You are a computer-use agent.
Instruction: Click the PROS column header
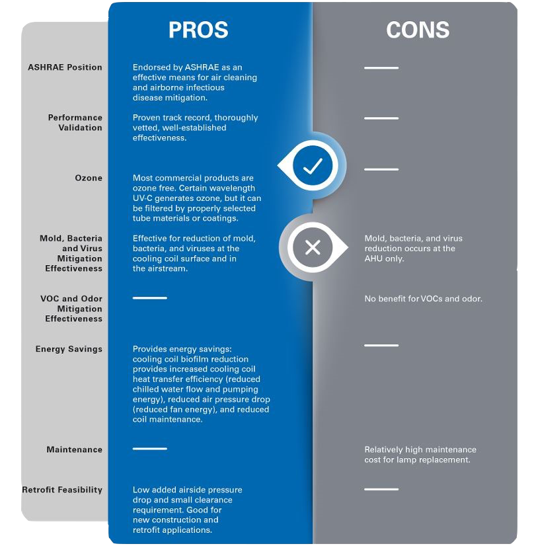click(x=198, y=30)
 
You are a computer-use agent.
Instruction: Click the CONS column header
click(x=417, y=30)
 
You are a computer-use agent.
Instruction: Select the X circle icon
click(x=313, y=248)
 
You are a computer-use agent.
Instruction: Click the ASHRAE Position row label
click(x=65, y=67)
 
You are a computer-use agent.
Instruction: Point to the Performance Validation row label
click(x=75, y=122)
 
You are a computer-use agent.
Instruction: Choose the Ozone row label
click(x=89, y=178)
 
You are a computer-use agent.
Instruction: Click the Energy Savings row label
click(x=69, y=349)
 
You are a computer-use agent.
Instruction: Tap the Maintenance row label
click(x=74, y=450)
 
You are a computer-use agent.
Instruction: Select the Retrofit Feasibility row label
click(x=62, y=490)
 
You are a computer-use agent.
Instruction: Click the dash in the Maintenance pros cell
click(x=149, y=449)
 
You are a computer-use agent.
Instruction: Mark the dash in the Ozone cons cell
click(x=381, y=169)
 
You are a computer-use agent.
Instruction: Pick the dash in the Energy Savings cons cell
click(x=381, y=345)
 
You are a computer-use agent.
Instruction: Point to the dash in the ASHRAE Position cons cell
click(x=381, y=68)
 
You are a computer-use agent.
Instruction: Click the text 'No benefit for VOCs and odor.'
click(x=423, y=299)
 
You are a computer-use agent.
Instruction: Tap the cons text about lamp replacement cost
click(x=420, y=455)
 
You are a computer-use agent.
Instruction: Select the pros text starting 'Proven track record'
click(x=195, y=128)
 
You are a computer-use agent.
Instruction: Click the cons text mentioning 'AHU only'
click(x=413, y=249)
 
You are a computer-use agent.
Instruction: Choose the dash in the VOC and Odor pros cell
click(x=149, y=298)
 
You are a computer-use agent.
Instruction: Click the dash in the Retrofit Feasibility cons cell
click(x=381, y=489)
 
